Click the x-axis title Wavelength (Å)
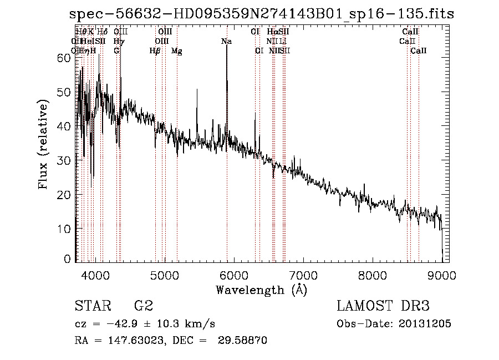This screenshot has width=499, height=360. click(x=261, y=290)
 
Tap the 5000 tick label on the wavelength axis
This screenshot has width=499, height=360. click(x=164, y=275)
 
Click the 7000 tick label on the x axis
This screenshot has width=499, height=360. click(x=303, y=275)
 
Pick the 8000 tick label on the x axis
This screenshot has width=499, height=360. click(x=372, y=275)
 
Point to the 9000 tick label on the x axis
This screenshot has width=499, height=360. click(x=441, y=275)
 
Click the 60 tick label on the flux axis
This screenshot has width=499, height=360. click(x=64, y=58)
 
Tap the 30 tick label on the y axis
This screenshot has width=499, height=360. click(x=64, y=160)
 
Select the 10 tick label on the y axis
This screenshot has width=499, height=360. click(x=64, y=229)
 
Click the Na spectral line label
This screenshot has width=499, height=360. click(x=226, y=42)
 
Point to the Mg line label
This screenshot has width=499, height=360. click(x=176, y=51)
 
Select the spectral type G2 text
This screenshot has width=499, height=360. click(x=143, y=306)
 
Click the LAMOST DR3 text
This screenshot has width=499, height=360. click(x=383, y=306)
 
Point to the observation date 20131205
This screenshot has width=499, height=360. click(x=424, y=324)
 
